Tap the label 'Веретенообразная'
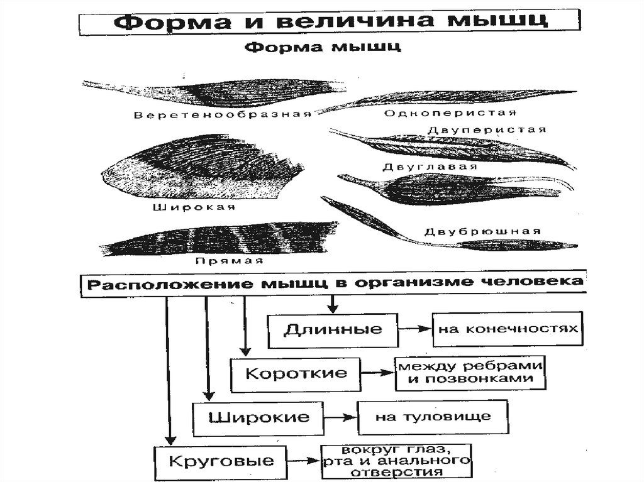(x=223, y=114)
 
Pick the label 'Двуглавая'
(x=430, y=167)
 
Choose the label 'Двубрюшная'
(x=482, y=231)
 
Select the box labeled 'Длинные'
(x=333, y=330)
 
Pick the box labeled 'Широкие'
(x=258, y=417)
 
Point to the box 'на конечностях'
(x=505, y=329)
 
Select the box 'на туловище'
(x=433, y=416)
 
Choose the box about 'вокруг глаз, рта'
(x=396, y=462)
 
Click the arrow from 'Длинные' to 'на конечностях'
(x=414, y=329)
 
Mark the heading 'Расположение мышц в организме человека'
(x=333, y=283)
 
